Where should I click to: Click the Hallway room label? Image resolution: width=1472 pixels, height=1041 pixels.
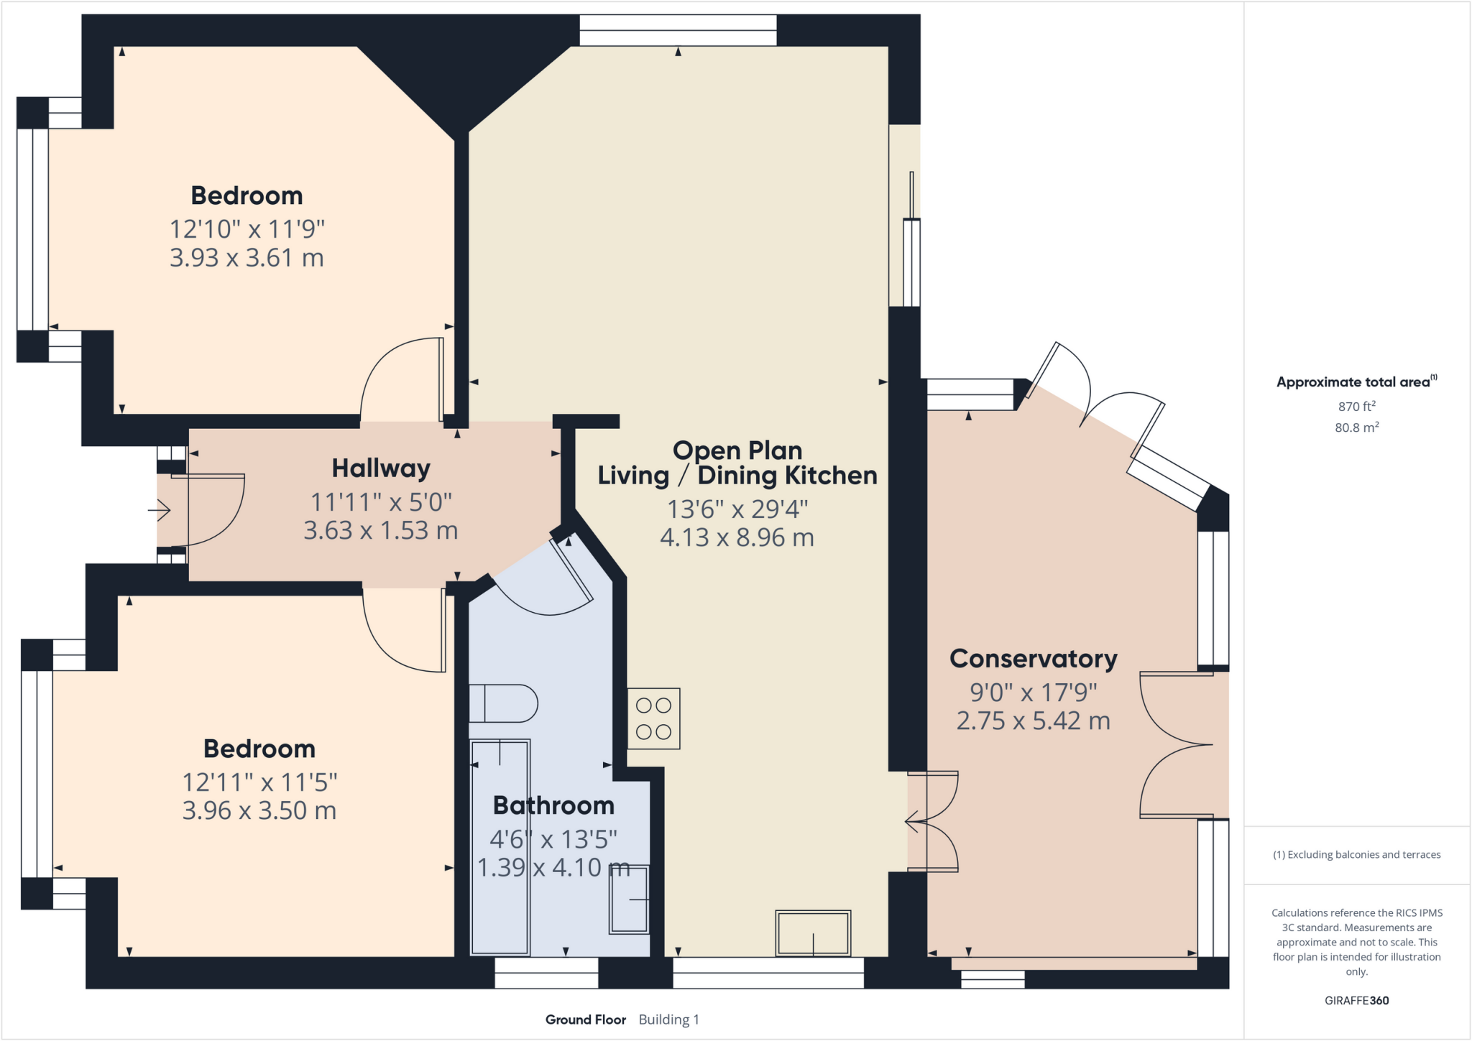tap(380, 468)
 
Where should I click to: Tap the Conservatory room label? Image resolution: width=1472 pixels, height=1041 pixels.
tap(1033, 659)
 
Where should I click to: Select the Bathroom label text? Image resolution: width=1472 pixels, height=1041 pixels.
tap(553, 805)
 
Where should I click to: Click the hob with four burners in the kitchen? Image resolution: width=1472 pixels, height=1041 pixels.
tap(653, 719)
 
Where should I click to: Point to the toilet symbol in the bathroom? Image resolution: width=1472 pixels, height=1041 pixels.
tap(503, 703)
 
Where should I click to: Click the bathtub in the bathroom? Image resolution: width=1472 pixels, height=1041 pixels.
tap(500, 848)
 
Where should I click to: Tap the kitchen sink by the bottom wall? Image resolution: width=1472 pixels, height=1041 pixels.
tap(813, 933)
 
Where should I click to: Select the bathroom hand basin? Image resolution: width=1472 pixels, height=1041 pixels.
tap(629, 899)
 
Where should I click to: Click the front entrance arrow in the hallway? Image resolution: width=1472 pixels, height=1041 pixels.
tap(159, 511)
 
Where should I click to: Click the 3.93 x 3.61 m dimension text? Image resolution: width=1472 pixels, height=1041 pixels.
tap(247, 258)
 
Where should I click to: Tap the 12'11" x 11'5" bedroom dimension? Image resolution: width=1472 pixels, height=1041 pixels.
tap(259, 782)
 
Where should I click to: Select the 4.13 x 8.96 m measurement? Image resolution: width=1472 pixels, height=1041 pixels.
tap(737, 537)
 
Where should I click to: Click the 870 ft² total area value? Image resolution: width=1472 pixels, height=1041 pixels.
tap(1356, 407)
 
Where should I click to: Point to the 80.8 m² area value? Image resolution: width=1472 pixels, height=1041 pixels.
tap(1356, 427)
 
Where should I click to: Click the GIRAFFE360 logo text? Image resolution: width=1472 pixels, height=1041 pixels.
tap(1356, 1000)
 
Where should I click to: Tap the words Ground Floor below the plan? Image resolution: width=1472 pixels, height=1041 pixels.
tap(585, 1019)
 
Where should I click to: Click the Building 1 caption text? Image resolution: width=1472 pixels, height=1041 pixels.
tap(668, 1019)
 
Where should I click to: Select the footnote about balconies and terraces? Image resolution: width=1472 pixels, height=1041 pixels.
tap(1356, 855)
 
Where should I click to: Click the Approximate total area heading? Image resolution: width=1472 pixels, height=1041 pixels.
tap(1353, 382)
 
